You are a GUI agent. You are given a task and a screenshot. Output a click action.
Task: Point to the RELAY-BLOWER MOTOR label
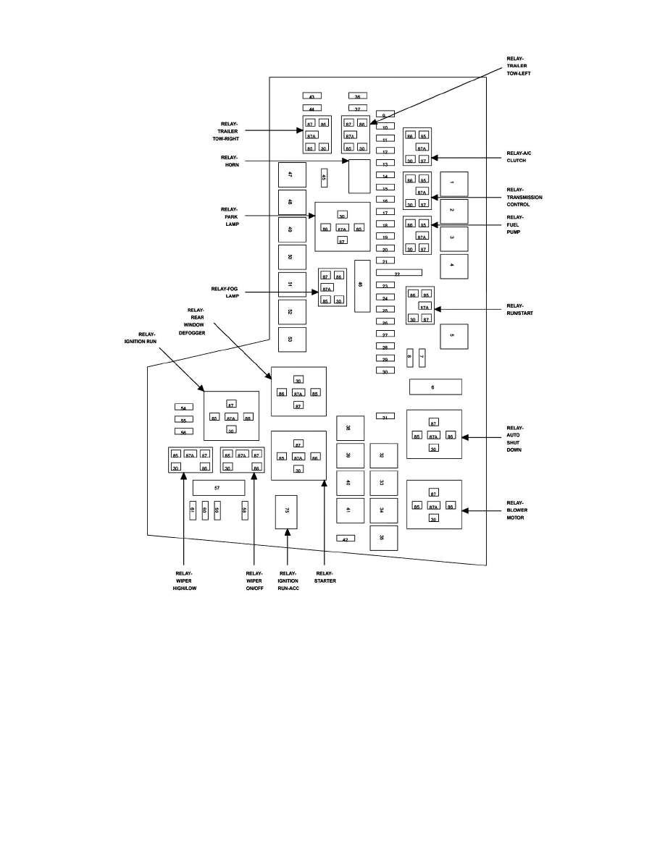pos(516,510)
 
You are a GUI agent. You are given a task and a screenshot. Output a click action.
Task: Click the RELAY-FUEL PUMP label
pos(515,224)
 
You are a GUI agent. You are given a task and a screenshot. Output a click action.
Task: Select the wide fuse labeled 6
pos(435,387)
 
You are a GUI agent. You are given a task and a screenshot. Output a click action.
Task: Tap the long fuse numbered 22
pos(398,274)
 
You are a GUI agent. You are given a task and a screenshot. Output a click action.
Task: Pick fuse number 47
pos(292,174)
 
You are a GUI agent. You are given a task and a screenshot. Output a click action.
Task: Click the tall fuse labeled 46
pos(361,285)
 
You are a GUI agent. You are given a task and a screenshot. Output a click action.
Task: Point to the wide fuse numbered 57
pos(218,489)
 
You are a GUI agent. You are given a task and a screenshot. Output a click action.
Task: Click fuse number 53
pos(292,339)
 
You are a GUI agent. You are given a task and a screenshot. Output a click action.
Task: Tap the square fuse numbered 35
pos(383,538)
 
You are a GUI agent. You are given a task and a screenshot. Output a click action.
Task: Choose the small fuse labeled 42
pos(346,539)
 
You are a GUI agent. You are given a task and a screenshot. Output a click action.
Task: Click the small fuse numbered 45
pos(325,177)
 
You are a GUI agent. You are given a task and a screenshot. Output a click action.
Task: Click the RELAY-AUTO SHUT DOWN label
pos(515,438)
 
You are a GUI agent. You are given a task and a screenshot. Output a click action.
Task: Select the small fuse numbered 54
pos(183,408)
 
